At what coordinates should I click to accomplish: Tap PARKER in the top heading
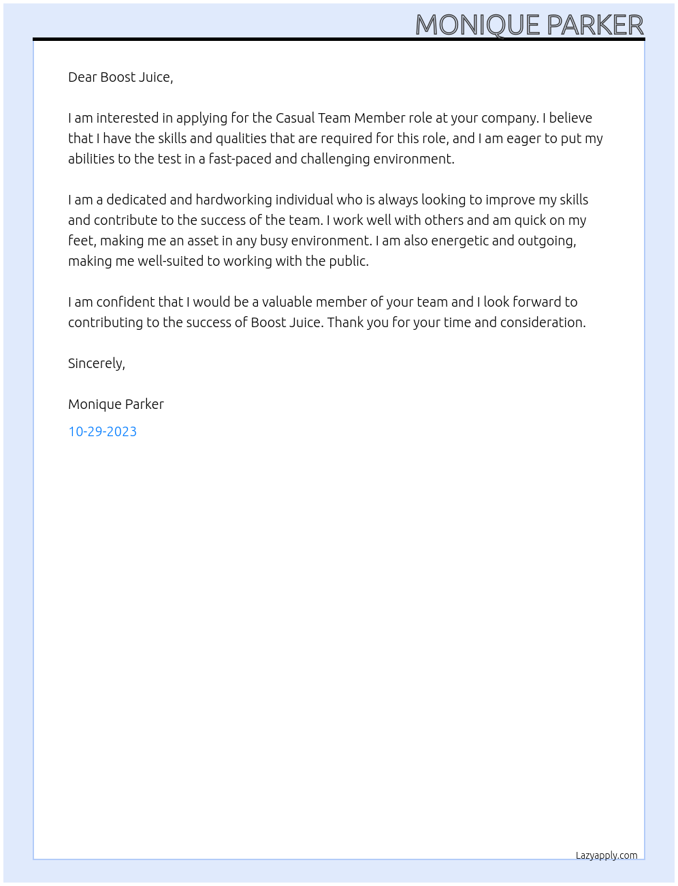pyautogui.click(x=595, y=25)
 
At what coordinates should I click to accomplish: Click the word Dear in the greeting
pyautogui.click(x=82, y=77)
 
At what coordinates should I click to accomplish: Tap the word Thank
pyautogui.click(x=345, y=322)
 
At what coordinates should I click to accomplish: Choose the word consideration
pyautogui.click(x=543, y=322)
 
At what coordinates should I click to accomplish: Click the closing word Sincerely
pyautogui.click(x=96, y=363)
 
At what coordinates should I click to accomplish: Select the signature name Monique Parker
pyautogui.click(x=116, y=404)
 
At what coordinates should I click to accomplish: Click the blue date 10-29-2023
pyautogui.click(x=102, y=431)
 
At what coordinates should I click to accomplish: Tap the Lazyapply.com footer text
pyautogui.click(x=607, y=855)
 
